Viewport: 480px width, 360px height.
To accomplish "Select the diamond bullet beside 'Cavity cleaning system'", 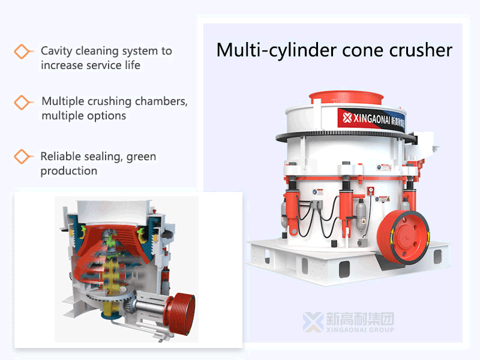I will [23, 52].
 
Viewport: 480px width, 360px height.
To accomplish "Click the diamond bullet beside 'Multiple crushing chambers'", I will [23, 102].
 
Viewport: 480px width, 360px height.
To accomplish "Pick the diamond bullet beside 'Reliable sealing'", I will [23, 157].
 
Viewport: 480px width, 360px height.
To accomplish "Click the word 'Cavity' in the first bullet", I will [59, 51].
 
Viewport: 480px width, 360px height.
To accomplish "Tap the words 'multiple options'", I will [83, 116].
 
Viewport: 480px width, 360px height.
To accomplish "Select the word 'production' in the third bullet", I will [68, 171].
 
